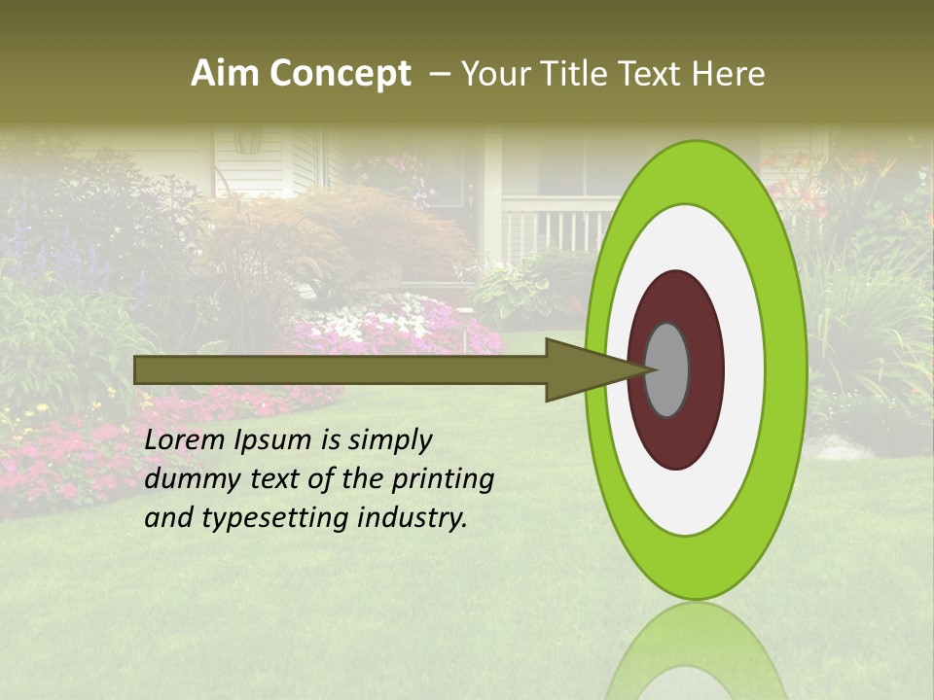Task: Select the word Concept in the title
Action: click(340, 74)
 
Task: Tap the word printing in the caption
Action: click(444, 479)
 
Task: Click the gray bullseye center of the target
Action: click(667, 369)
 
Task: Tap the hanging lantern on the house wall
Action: click(247, 141)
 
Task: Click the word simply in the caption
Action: click(389, 440)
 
